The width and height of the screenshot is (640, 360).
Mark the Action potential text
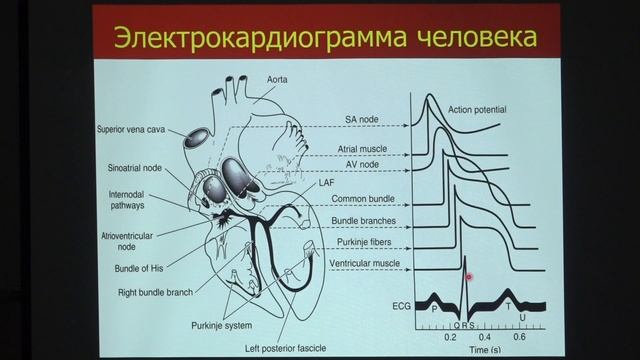pos(477,109)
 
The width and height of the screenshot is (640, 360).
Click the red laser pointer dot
pos(470,276)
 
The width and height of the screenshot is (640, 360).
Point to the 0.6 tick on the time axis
pos(519,338)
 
